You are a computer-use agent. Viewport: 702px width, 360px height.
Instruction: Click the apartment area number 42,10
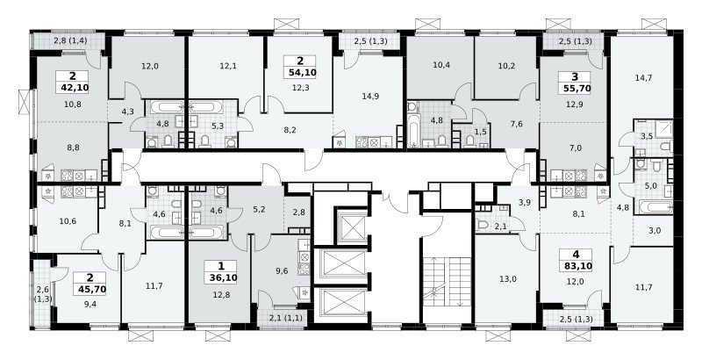coord(72,87)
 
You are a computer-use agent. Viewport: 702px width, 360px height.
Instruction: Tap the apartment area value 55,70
coord(575,88)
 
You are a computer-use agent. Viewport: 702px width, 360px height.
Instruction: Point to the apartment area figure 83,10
coord(576,266)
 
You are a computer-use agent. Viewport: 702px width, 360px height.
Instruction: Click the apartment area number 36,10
coord(221,277)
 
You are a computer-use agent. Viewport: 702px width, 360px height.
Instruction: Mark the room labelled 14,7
coord(643,77)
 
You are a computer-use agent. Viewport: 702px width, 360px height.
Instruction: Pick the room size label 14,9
coord(370,96)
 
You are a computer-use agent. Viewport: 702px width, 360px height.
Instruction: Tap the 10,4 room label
coord(441,66)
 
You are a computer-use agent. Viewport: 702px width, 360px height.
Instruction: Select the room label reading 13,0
coord(509,278)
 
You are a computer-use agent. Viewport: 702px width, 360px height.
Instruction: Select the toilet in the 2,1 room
coord(484,224)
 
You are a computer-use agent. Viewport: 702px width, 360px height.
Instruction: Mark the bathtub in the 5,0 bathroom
coord(655,207)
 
